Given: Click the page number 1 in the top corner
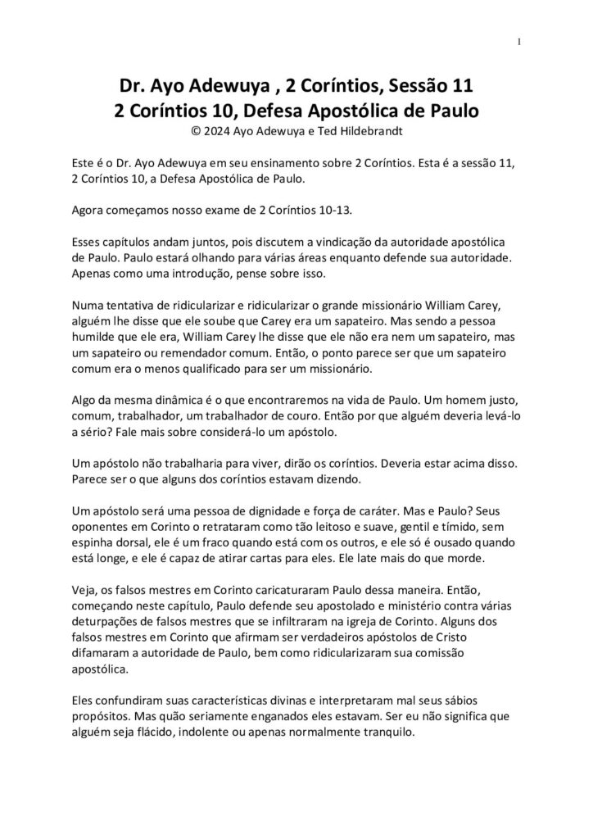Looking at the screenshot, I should point(520,43).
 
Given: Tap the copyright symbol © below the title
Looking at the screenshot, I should point(194,129).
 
